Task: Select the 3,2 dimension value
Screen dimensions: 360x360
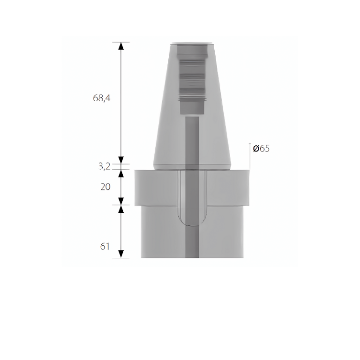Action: pos(105,166)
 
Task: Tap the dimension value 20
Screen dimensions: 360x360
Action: pos(105,187)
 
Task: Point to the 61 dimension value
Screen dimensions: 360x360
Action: pos(105,246)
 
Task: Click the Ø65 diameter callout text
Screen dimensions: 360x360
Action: pos(261,149)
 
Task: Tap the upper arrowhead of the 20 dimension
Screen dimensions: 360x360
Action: pos(121,173)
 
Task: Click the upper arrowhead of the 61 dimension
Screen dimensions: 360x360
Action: pos(121,209)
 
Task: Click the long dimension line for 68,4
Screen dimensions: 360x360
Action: pos(121,103)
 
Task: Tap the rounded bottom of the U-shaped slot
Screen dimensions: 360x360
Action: pos(192,223)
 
